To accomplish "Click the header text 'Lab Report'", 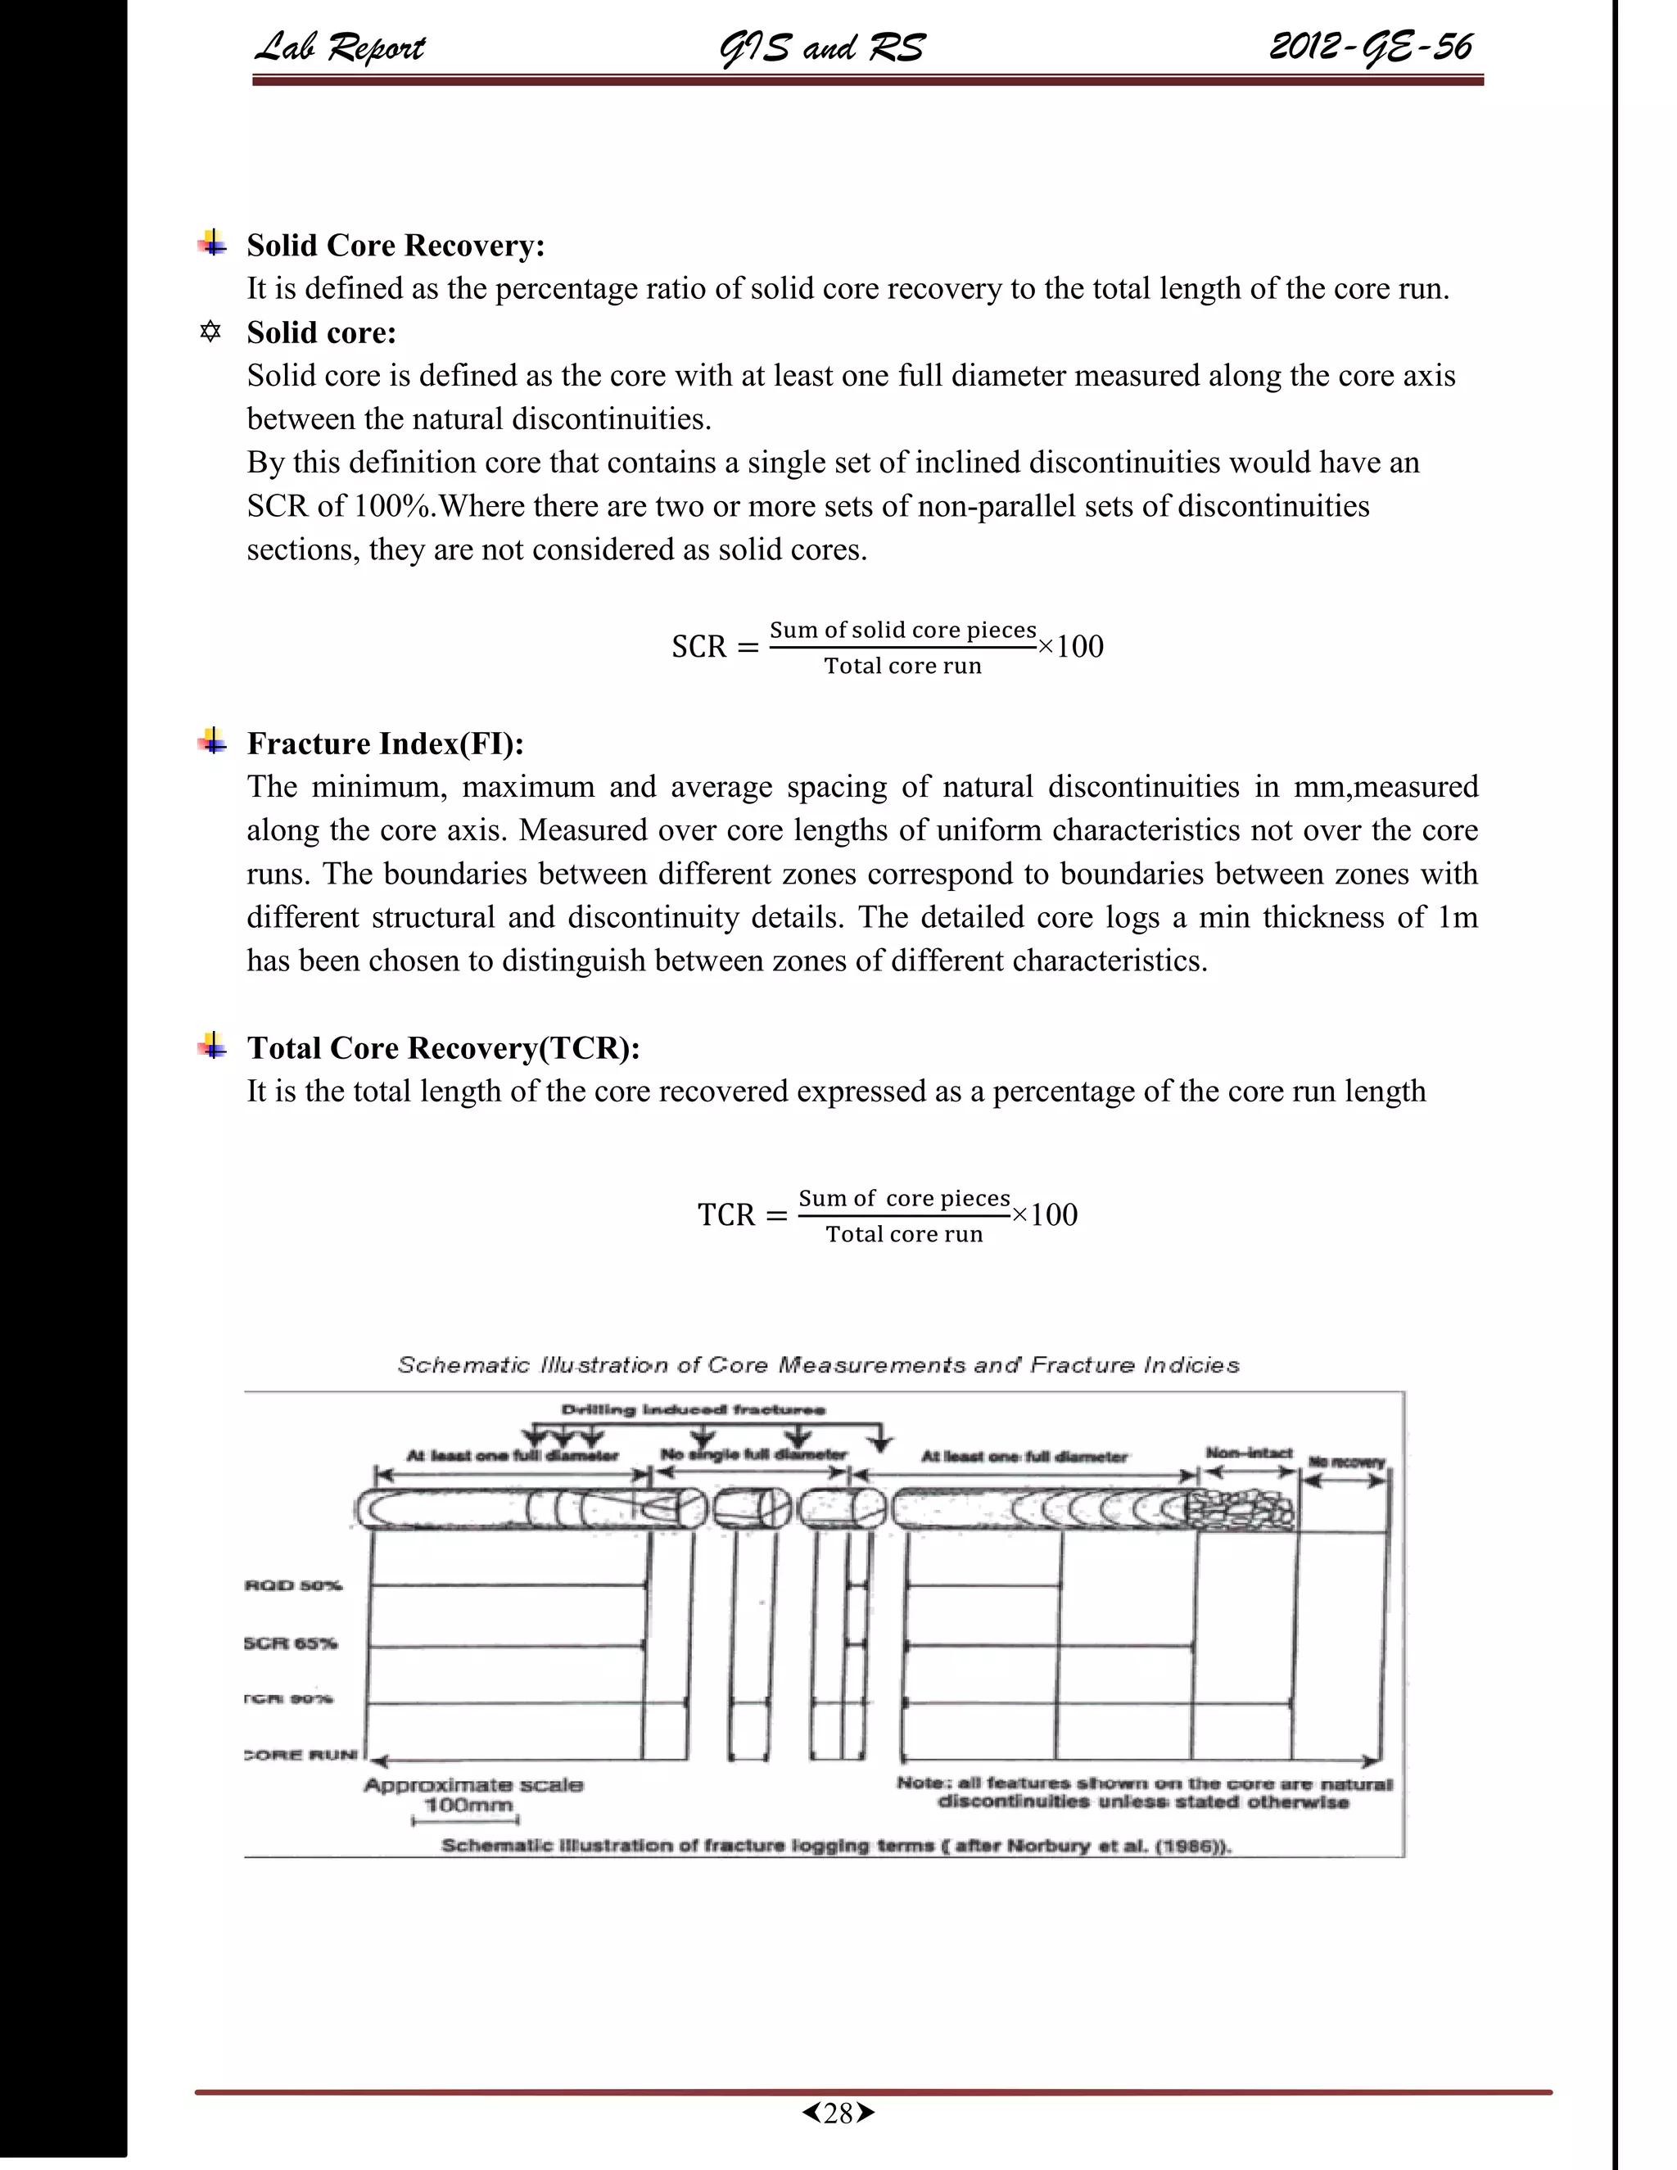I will [340, 47].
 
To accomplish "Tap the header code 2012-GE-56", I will [1370, 47].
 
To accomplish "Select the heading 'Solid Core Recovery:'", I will [396, 246].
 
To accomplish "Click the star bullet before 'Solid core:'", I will [210, 332].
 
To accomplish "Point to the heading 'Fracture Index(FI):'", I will [386, 744].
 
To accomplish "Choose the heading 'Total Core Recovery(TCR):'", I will [443, 1048].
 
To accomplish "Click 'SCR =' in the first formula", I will [713, 647].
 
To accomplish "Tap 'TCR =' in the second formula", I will [741, 1215].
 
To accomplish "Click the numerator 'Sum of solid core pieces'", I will [902, 630].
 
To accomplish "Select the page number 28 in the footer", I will [838, 2113].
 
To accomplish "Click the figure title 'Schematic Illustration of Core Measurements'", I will [818, 1365].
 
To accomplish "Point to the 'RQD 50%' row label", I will [293, 1585].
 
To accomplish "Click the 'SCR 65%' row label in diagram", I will [291, 1643].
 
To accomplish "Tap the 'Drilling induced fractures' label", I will [693, 1409].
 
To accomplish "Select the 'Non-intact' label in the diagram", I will [1249, 1453].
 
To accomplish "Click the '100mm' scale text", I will [468, 1806].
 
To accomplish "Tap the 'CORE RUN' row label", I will [300, 1755].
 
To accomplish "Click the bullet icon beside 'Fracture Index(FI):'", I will [211, 741].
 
